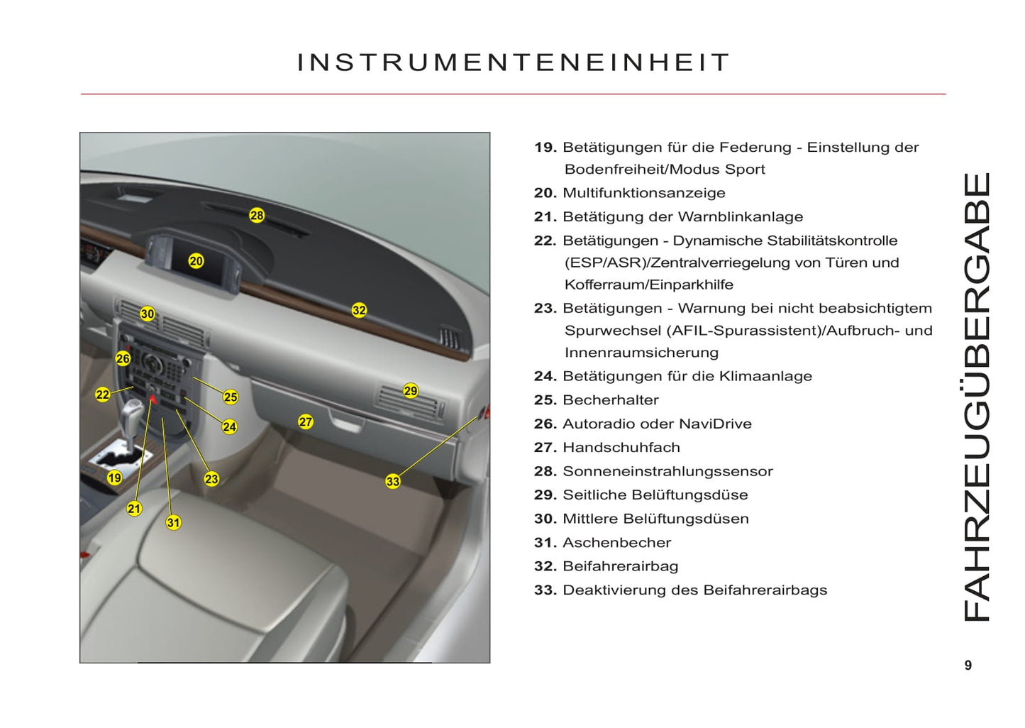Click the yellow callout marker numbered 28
pyautogui.click(x=257, y=215)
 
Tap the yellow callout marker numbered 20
pyautogui.click(x=196, y=261)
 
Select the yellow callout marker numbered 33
pyautogui.click(x=393, y=481)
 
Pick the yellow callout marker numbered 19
pyautogui.click(x=114, y=478)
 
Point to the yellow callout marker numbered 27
pyautogui.click(x=306, y=421)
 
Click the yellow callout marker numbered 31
pyautogui.click(x=173, y=522)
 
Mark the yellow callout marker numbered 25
pyautogui.click(x=231, y=397)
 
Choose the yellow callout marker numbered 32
pyautogui.click(x=359, y=310)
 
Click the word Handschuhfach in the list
pyautogui.click(x=621, y=447)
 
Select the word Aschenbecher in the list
pyautogui.click(x=617, y=542)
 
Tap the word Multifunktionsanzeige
pyautogui.click(x=644, y=193)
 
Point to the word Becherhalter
pyautogui.click(x=611, y=399)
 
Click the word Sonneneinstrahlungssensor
pyautogui.click(x=667, y=470)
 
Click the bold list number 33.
pyautogui.click(x=545, y=590)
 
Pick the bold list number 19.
pyautogui.click(x=545, y=148)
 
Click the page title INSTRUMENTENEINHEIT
pyautogui.click(x=514, y=62)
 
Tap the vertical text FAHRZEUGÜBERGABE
pyautogui.click(x=977, y=397)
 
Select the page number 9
pyautogui.click(x=968, y=665)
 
